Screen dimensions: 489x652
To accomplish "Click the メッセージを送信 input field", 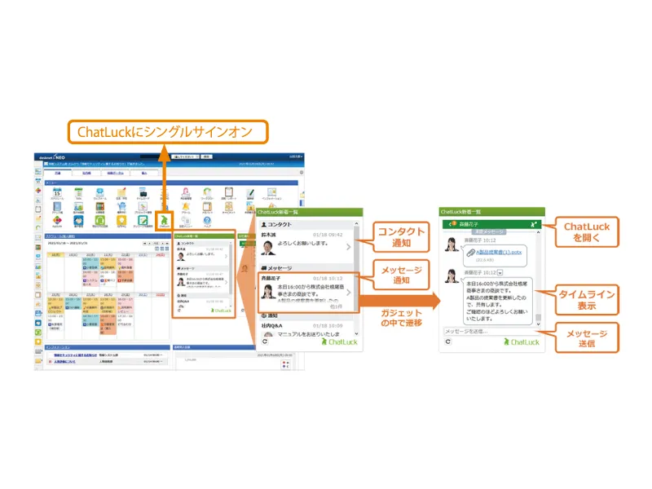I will [x=497, y=331].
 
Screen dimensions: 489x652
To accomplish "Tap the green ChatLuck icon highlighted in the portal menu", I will [x=165, y=218].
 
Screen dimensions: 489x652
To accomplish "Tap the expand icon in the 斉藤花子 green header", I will [x=533, y=222].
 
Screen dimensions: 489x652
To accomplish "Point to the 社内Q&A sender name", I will [x=273, y=324].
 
